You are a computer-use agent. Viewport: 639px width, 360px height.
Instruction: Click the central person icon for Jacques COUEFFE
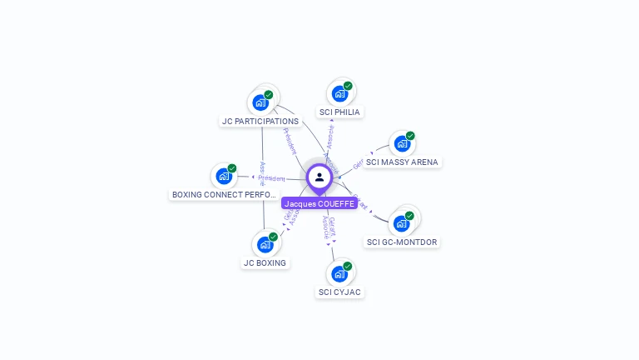(x=319, y=177)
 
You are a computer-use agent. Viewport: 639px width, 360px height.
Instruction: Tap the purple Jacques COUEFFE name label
(x=319, y=203)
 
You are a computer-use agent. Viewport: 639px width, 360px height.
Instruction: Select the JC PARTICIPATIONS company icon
(x=260, y=102)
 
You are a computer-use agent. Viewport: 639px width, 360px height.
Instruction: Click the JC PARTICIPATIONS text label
(x=260, y=122)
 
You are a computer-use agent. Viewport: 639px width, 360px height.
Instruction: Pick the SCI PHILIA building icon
(x=339, y=93)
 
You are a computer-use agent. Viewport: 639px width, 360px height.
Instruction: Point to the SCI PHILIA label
(x=340, y=112)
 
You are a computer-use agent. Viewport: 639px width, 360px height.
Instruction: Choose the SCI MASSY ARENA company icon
(x=402, y=143)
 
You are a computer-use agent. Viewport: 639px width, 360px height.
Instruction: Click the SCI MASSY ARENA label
(x=402, y=162)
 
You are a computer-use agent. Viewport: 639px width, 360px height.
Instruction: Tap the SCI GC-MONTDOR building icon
(x=401, y=223)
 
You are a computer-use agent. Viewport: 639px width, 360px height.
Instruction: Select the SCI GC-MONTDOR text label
(x=402, y=242)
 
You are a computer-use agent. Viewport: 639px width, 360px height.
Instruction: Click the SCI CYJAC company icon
(x=339, y=273)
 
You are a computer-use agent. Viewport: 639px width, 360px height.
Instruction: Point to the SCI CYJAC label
(x=340, y=292)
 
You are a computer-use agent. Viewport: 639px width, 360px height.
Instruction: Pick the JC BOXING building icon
(x=265, y=244)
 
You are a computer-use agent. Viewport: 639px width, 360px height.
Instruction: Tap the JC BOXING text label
(x=265, y=263)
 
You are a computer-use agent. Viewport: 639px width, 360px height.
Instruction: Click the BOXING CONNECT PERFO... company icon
(x=223, y=176)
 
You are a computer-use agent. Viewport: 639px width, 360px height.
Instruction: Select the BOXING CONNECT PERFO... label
(x=223, y=195)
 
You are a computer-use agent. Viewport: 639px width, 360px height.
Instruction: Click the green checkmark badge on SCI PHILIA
(x=348, y=86)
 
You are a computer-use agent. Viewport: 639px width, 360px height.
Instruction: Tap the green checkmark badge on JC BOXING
(x=273, y=237)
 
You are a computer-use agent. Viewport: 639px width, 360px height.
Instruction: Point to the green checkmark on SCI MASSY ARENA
(x=410, y=136)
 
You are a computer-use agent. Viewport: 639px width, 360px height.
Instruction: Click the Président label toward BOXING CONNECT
(x=271, y=178)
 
